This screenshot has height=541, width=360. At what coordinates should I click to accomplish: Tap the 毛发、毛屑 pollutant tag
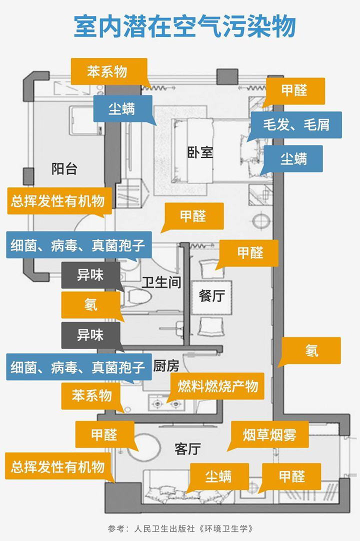[296, 124]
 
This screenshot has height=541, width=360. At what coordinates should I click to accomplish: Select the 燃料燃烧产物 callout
[218, 386]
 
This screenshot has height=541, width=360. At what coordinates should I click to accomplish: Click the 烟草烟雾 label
[269, 434]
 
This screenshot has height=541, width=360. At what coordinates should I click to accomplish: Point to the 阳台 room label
[64, 168]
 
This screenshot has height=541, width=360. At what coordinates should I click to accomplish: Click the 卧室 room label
[200, 152]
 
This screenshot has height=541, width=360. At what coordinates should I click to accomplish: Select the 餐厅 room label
[211, 295]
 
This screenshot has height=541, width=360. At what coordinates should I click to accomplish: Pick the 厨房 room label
[166, 366]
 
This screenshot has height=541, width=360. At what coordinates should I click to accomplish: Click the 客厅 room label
[188, 449]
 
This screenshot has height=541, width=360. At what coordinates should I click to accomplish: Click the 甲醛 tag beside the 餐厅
[249, 252]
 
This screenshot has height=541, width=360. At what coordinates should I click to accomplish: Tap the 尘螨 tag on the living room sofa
[218, 476]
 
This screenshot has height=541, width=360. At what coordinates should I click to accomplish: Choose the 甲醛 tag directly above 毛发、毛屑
[293, 90]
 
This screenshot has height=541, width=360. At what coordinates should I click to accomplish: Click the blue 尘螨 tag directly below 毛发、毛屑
[293, 159]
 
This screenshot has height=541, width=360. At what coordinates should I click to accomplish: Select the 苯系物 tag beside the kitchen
[91, 396]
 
